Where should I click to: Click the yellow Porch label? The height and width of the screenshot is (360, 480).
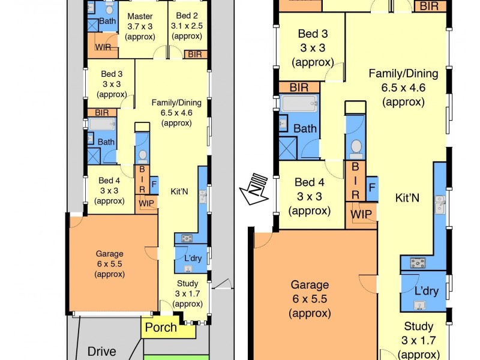click(161, 328)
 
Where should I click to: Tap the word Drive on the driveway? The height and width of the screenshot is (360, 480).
click(102, 350)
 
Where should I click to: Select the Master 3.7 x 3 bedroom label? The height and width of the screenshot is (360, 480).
click(140, 26)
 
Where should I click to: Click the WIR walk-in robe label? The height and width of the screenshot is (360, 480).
click(103, 46)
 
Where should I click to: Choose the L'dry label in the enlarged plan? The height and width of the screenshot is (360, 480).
click(427, 291)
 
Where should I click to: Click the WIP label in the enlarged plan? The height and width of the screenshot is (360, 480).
click(361, 214)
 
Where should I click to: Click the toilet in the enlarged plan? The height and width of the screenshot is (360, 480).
click(356, 146)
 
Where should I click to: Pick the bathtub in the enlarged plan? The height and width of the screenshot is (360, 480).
click(300, 104)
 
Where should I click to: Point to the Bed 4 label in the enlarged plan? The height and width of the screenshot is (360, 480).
click(310, 196)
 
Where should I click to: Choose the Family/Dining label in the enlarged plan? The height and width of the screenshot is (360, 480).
click(403, 88)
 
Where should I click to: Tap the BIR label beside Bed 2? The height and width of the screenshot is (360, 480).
click(195, 54)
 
